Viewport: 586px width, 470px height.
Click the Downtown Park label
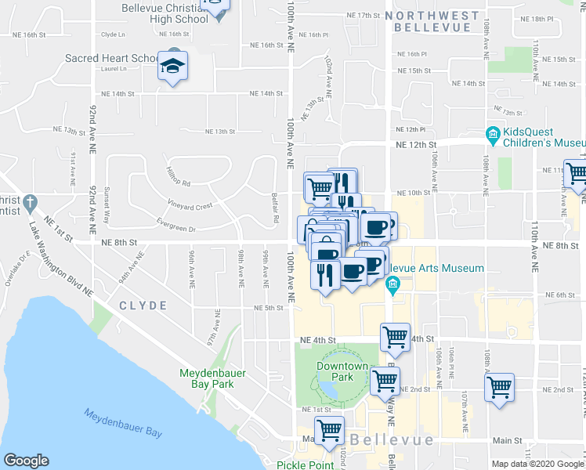point(342,371)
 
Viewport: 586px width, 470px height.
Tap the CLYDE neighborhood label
point(143,305)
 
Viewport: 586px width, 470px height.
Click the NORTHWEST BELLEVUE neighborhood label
point(437,21)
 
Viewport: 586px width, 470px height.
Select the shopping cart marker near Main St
point(330,430)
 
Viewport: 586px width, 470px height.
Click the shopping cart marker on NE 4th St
point(396,337)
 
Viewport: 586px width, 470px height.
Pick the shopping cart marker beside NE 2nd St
point(499,387)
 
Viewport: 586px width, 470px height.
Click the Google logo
point(27,461)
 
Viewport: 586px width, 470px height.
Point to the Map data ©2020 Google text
point(537,464)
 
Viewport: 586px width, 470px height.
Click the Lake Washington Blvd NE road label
point(61,259)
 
